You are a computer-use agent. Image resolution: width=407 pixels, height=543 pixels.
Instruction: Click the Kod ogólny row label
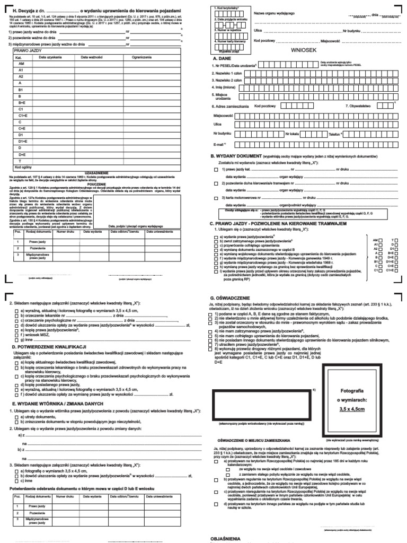tap(23, 167)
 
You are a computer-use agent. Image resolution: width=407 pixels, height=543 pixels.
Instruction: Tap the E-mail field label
tap(219, 144)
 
